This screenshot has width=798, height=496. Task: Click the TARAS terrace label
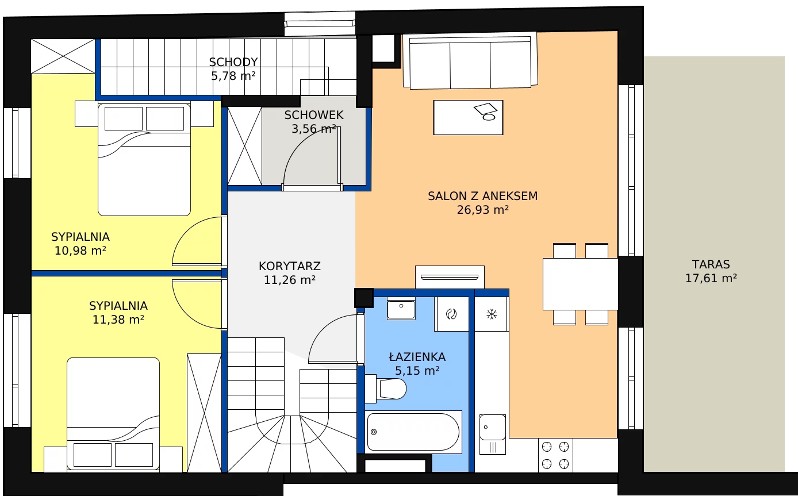[711, 264]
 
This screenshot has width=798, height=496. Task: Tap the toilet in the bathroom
[386, 389]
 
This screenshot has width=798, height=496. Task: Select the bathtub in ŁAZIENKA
[413, 432]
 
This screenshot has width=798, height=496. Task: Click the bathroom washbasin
[401, 309]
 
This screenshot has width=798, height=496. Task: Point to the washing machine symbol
[451, 314]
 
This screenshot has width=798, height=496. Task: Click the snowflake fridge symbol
[492, 314]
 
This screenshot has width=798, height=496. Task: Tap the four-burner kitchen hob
[555, 455]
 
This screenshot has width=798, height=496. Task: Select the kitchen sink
[493, 435]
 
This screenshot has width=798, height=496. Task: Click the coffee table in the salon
[468, 117]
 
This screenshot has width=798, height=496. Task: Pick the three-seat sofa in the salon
[470, 60]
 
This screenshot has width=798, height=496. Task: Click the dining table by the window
[580, 284]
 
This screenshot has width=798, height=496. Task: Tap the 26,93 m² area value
[483, 210]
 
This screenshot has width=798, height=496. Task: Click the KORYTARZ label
[290, 266]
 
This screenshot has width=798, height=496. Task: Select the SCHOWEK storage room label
[314, 115]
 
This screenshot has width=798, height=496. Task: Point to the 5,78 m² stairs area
[233, 76]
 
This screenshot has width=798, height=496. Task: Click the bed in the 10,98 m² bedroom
[144, 160]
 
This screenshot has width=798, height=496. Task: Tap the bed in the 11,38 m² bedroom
[113, 414]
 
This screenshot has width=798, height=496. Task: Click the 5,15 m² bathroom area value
[417, 371]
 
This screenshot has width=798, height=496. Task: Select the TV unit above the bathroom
[450, 277]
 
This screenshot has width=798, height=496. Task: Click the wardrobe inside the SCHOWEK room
[244, 146]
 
